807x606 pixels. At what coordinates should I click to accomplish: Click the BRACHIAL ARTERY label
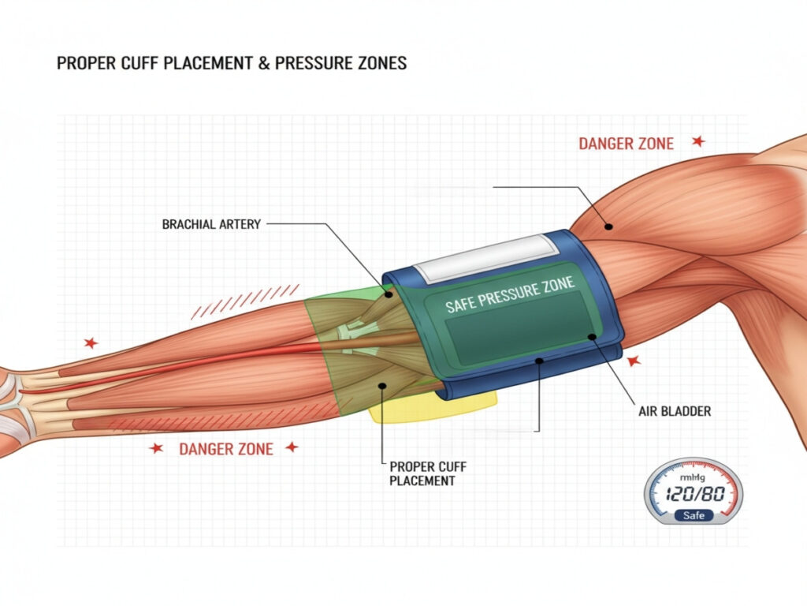[211, 224]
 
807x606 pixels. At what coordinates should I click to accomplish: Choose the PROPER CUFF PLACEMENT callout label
[423, 473]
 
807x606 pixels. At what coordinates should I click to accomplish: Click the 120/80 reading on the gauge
[694, 496]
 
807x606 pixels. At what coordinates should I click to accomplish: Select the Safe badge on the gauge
[694, 515]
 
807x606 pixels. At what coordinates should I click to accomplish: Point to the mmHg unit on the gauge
[694, 477]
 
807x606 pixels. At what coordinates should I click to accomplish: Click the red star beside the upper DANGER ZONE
[697, 141]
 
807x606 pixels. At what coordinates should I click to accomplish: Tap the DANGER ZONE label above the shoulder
[627, 144]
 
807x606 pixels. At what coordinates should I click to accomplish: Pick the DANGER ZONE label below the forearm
[226, 449]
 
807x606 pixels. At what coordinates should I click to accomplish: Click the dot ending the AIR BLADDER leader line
[590, 336]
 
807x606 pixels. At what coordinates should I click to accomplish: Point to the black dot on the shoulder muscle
[608, 226]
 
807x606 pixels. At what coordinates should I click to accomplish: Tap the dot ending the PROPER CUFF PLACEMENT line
[382, 386]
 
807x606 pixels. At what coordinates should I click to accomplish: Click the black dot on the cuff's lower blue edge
[537, 361]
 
